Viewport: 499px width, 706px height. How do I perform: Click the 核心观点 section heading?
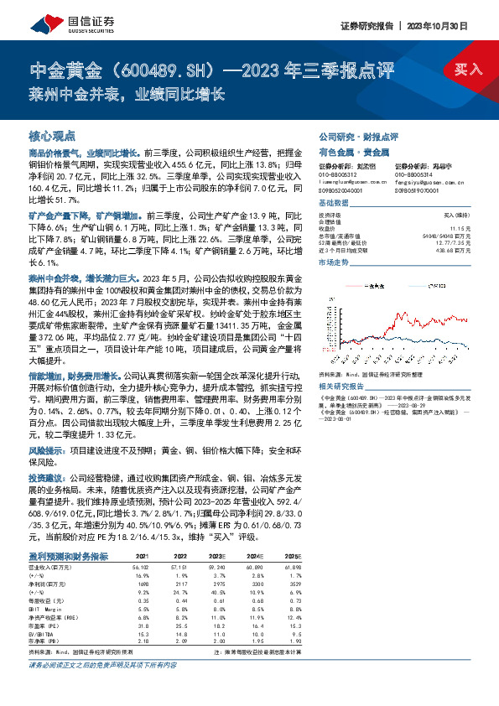[x=52, y=135]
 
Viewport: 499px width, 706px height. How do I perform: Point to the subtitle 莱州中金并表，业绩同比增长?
[x=126, y=92]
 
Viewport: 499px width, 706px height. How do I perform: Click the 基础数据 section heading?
[x=335, y=204]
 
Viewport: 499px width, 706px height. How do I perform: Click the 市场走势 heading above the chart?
[x=335, y=262]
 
